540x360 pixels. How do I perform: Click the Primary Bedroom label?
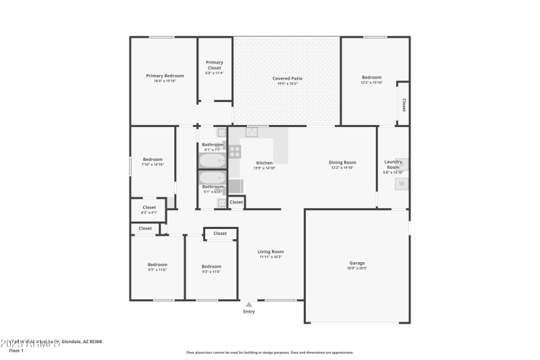click(x=165, y=76)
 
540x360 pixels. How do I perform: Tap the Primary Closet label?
click(x=214, y=63)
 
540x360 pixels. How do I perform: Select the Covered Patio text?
click(x=287, y=78)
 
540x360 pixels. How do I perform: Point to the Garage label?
click(x=356, y=263)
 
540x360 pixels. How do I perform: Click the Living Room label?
click(x=271, y=252)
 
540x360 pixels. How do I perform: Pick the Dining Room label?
click(x=342, y=162)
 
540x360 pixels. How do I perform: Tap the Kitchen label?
click(x=264, y=163)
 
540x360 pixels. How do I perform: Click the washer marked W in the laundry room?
click(x=401, y=184)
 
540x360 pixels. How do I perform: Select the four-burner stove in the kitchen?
click(x=236, y=151)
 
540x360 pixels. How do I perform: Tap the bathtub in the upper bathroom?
click(x=213, y=161)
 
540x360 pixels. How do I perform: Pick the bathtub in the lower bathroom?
click(x=213, y=178)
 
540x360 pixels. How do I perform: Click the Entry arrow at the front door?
click(x=249, y=305)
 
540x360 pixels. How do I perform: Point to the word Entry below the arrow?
click(x=249, y=311)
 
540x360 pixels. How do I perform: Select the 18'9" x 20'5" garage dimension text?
click(x=356, y=268)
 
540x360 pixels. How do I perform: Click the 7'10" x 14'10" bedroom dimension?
click(x=153, y=164)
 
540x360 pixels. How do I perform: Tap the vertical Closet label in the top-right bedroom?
click(x=404, y=105)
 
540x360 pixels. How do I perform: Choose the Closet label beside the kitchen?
click(x=236, y=202)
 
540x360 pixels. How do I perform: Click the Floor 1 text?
click(x=16, y=351)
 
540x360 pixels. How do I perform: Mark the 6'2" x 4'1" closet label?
click(x=149, y=213)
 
